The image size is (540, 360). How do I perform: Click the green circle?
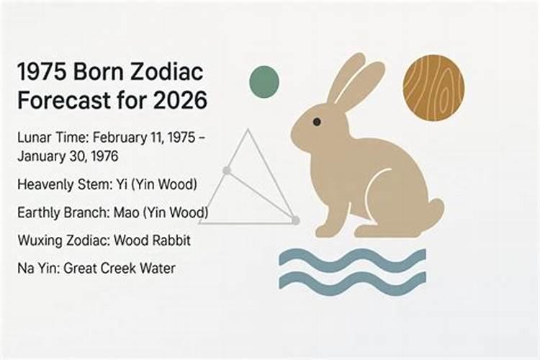tap(264, 81)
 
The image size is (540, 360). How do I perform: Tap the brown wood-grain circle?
tap(433, 87)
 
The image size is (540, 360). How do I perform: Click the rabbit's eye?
tap(317, 122)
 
